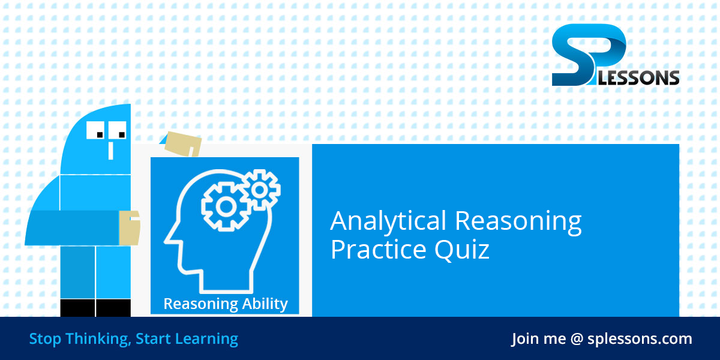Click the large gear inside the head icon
pos(226,206)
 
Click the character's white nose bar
pos(110,149)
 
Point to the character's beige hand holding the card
pos(129,227)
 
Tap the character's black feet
pos(95,308)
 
